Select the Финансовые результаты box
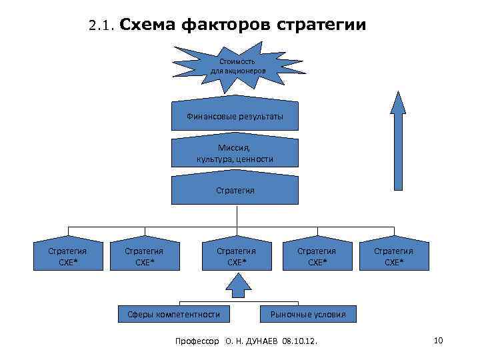click(235, 117)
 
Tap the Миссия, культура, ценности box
click(235, 154)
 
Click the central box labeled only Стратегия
click(235, 191)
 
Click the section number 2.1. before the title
click(103, 27)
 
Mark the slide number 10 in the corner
click(438, 341)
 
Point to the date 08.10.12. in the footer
click(300, 341)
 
